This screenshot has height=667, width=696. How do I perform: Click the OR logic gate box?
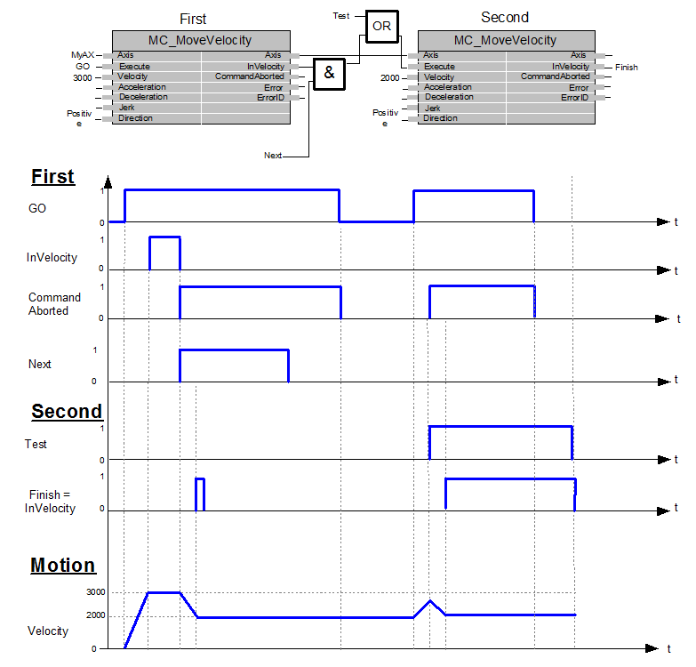coord(381,27)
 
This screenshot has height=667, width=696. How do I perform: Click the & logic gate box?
coord(329,74)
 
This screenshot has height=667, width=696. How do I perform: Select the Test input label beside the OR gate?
coord(341,16)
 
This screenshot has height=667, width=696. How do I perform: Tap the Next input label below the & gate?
coord(273,156)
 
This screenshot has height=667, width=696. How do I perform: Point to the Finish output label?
coord(627,68)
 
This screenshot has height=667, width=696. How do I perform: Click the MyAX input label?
coord(83,55)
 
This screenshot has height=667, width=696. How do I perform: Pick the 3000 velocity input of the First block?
coord(83,78)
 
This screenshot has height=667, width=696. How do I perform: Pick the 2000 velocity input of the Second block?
coord(389,78)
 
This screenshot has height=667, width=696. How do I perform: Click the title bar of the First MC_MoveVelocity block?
coord(201,40)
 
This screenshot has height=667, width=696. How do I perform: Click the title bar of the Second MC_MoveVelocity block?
coord(507,40)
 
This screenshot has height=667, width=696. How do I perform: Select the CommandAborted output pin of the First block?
coord(250,76)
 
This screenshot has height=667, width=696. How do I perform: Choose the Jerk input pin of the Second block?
coord(433,108)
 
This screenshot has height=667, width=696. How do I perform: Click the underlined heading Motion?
coord(63,566)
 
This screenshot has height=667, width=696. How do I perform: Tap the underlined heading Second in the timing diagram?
coord(67,411)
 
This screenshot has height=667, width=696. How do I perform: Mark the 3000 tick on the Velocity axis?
coord(96,592)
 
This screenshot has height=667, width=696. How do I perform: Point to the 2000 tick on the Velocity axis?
coord(96,615)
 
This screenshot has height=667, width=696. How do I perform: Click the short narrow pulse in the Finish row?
coord(200,478)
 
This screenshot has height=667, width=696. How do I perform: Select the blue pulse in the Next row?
coord(235,350)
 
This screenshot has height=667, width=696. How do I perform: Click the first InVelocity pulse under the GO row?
coord(164,237)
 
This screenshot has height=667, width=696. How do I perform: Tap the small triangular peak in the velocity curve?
coord(429,601)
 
